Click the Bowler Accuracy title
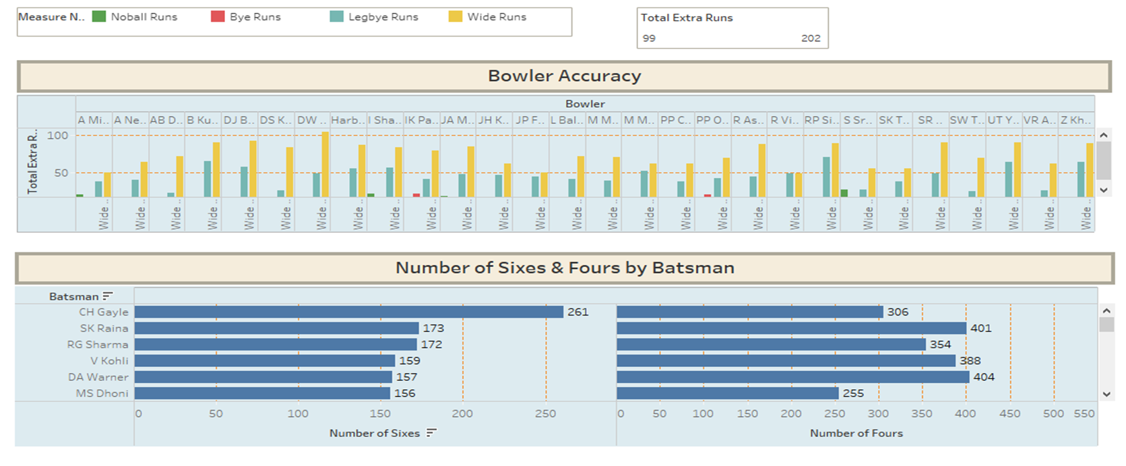tap(564, 76)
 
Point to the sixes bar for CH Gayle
tap(348, 312)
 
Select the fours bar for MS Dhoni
tap(727, 393)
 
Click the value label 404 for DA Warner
tap(983, 377)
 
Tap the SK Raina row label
tap(104, 328)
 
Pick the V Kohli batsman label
tap(109, 361)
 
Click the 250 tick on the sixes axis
tap(545, 414)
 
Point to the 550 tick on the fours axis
tap(1084, 414)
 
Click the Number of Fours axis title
tap(856, 434)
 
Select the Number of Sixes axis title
tap(374, 434)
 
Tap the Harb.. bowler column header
tap(348, 120)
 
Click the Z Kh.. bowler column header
tap(1075, 120)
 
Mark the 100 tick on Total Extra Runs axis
tap(58, 136)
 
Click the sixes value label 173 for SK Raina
tap(433, 328)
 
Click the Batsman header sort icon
tap(108, 296)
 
